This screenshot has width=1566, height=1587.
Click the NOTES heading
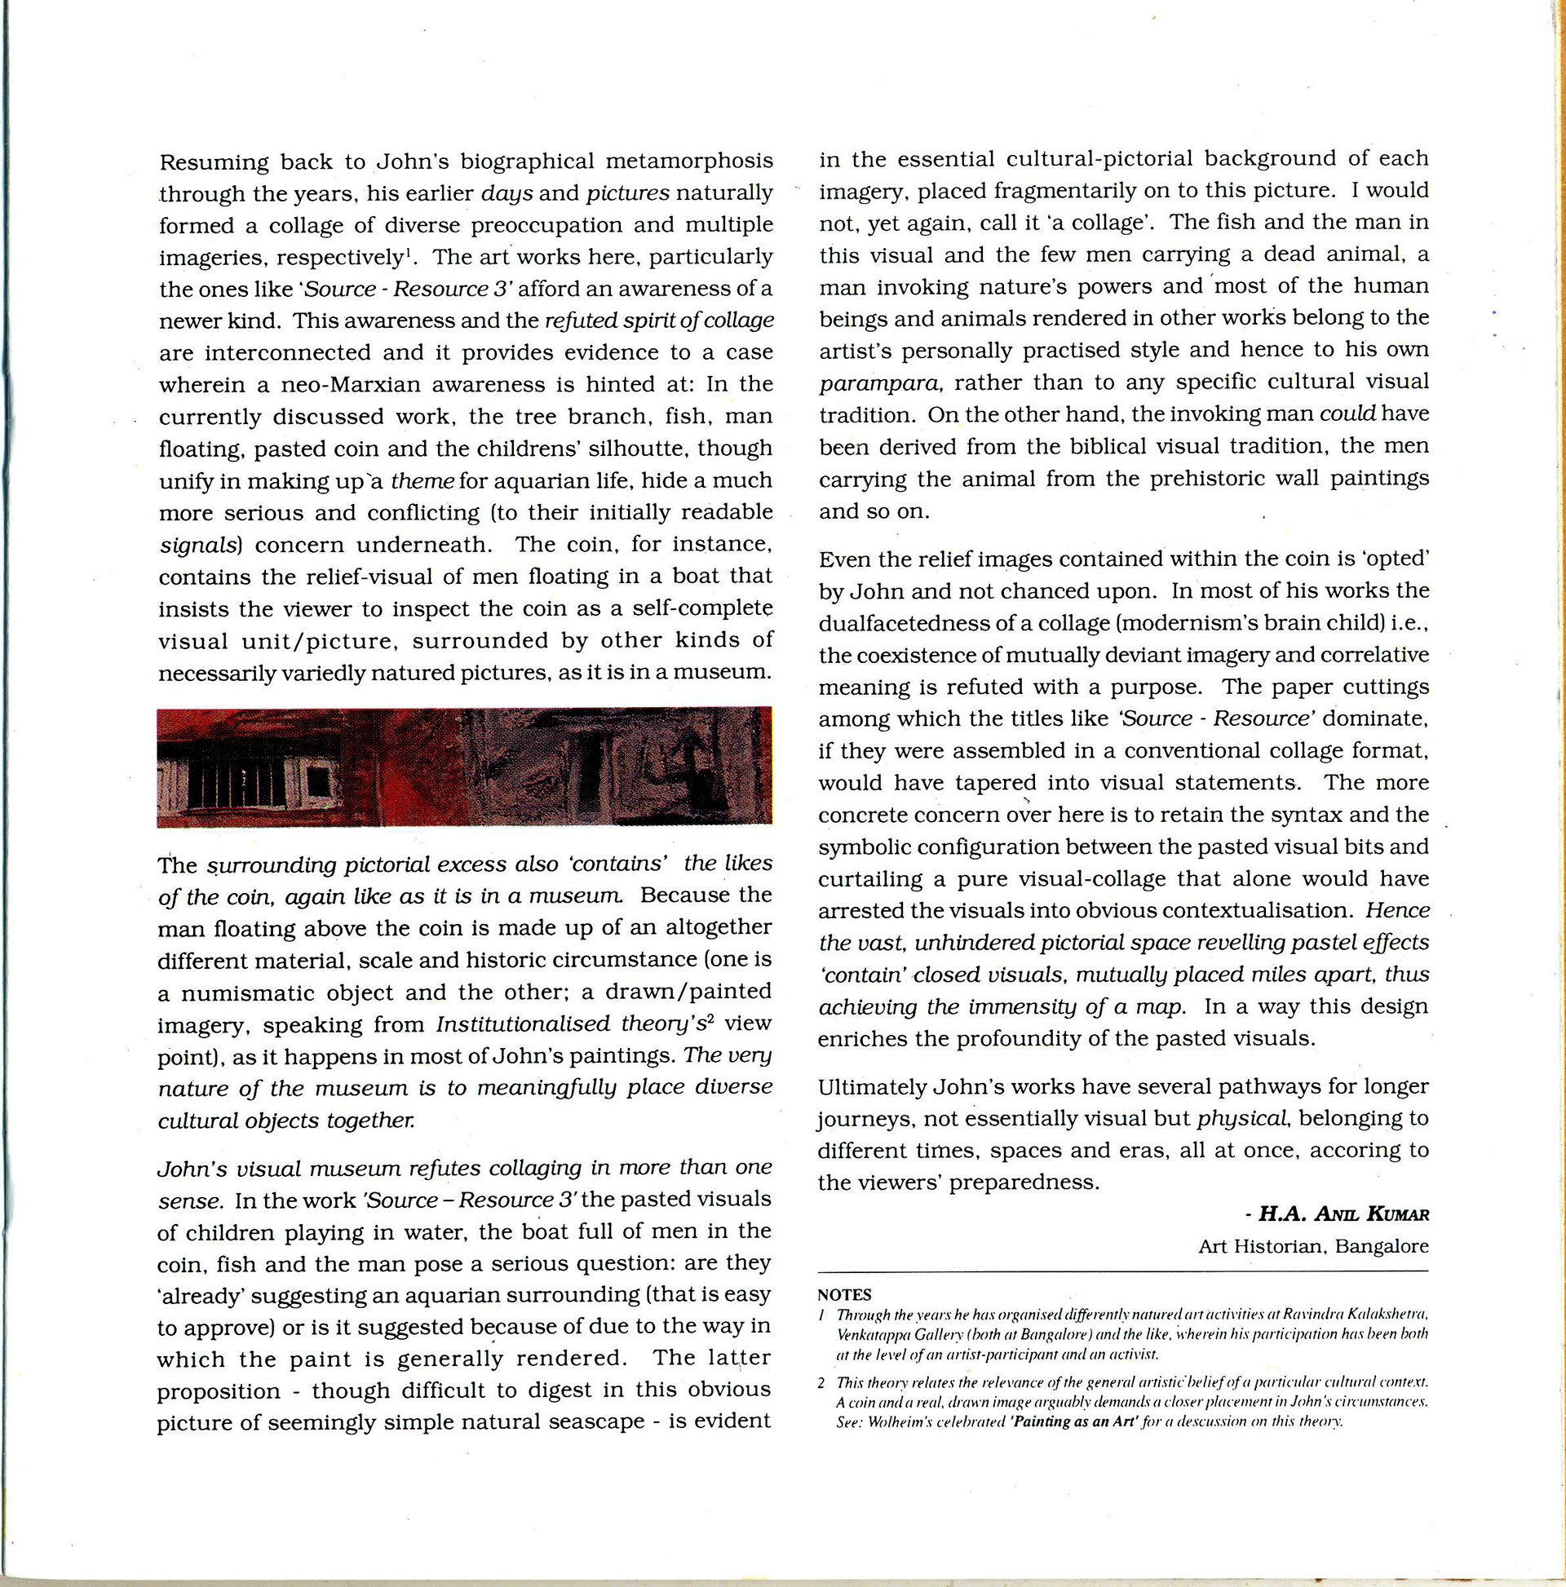pos(844,1295)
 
